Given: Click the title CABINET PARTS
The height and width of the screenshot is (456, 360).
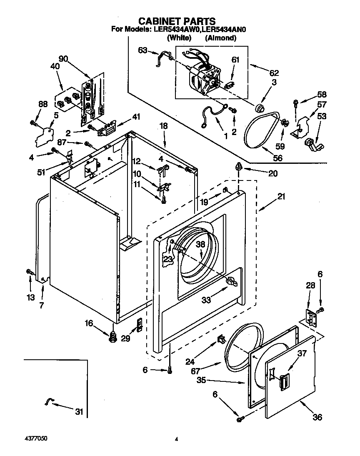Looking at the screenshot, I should point(177,21).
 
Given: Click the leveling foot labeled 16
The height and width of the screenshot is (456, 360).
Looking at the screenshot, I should point(112,337).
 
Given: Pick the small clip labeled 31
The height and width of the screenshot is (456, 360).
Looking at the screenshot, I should point(49,402).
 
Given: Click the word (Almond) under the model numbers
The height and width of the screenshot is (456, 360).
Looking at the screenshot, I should point(220,38).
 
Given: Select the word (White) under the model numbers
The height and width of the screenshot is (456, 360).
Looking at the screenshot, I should point(179,38).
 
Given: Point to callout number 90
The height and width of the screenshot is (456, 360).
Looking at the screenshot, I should point(63,59).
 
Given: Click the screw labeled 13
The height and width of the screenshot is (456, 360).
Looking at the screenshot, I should point(30,272).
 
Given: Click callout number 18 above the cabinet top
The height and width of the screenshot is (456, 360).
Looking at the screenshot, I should point(163,125).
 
